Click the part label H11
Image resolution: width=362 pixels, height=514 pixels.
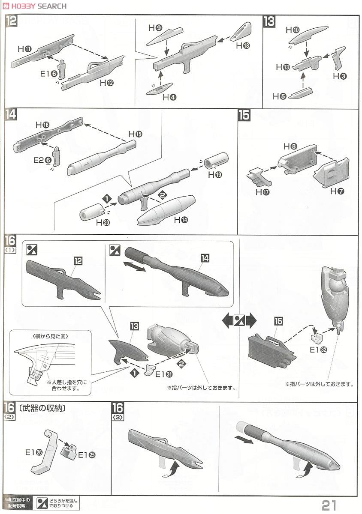(x=24, y=49)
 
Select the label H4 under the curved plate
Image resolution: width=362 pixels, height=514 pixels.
(x=169, y=97)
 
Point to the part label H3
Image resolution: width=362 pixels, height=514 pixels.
(x=342, y=76)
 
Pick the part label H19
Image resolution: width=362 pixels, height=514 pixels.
(x=215, y=175)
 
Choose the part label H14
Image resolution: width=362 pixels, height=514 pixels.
(x=181, y=220)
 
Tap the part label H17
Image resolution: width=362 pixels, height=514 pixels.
(x=262, y=192)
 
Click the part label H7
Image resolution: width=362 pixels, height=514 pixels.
(x=337, y=191)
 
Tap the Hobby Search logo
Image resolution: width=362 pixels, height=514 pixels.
(x=34, y=6)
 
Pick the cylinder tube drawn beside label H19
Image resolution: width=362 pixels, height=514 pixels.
(x=217, y=161)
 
